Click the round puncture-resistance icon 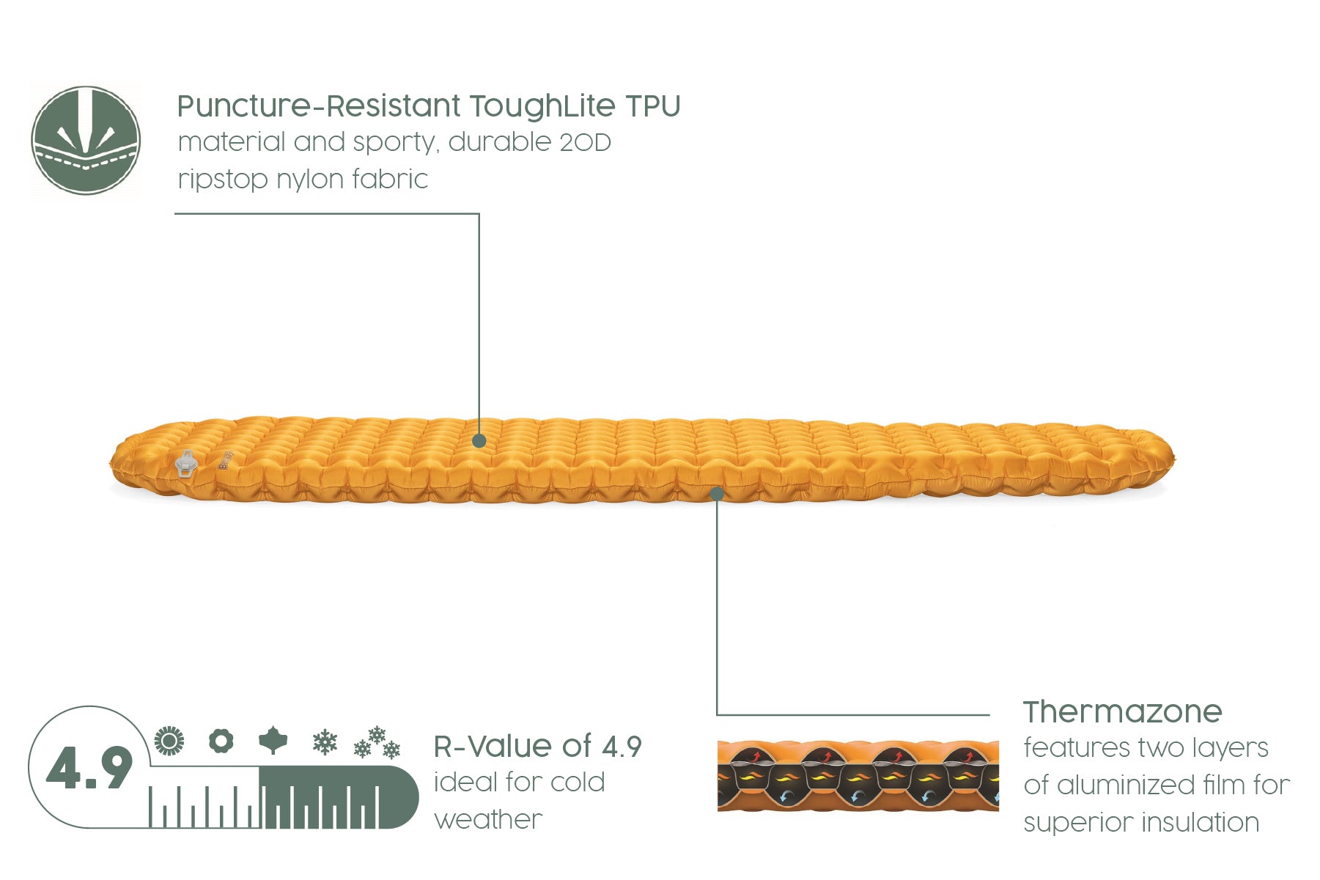coord(86,140)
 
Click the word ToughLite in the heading coord(542,107)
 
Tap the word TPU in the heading coord(653,106)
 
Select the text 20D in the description coord(585,142)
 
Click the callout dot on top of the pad coord(479,440)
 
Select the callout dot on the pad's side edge coord(718,494)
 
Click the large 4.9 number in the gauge coord(89,769)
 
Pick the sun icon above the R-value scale coord(169,741)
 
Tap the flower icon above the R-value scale coord(221,741)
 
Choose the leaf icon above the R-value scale coord(273,741)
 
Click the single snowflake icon coord(325,742)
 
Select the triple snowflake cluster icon coord(377,742)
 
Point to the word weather coord(488,820)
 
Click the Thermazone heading coord(1123,711)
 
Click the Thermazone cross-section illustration coord(858,776)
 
